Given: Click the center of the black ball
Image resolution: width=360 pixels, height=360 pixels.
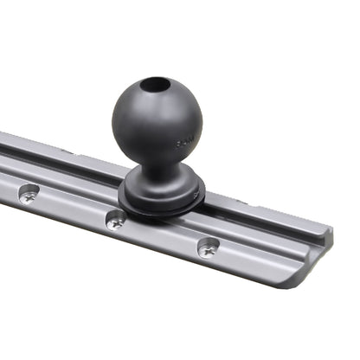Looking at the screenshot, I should (x=157, y=120).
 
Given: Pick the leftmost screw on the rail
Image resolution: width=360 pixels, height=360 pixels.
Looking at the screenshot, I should (x=26, y=196).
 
